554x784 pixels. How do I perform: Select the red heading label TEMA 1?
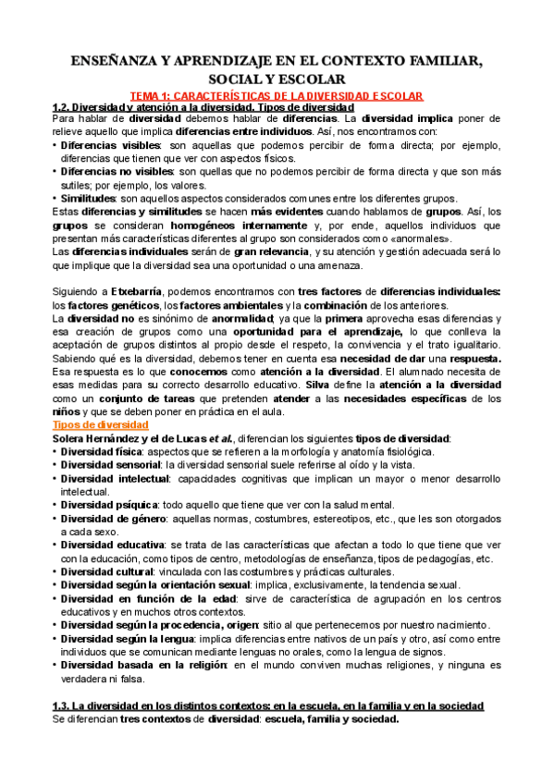pyautogui.click(x=151, y=96)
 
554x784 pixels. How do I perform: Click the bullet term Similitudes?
pyautogui.click(x=90, y=199)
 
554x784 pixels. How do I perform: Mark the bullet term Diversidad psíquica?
pyautogui.click(x=107, y=505)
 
